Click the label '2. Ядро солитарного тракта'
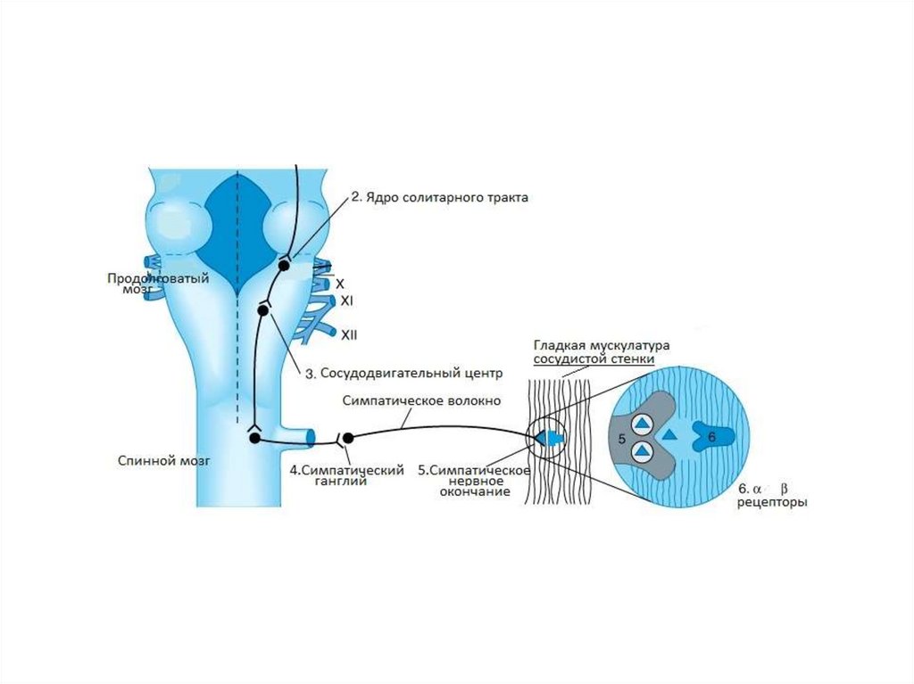click(439, 198)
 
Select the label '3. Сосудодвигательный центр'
click(404, 373)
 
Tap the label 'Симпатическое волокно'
click(409, 400)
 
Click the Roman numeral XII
click(349, 334)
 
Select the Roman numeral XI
click(348, 301)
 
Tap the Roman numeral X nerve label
click(340, 283)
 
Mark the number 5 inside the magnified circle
click(621, 439)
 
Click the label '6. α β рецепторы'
click(770, 496)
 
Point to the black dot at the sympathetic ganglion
click(348, 437)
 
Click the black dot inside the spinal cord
click(254, 438)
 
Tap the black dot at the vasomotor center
click(263, 309)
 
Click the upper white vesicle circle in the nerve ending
click(642, 424)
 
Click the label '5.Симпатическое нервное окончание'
click(475, 481)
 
